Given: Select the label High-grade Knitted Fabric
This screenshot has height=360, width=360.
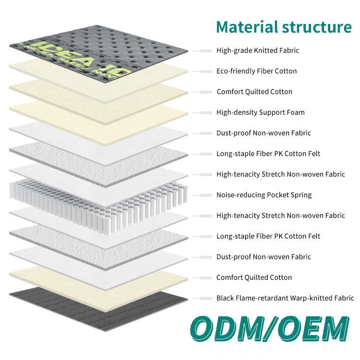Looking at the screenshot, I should (x=258, y=50).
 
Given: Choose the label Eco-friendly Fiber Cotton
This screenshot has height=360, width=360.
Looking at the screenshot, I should (x=256, y=71).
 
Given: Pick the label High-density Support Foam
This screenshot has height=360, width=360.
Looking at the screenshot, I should (x=260, y=112).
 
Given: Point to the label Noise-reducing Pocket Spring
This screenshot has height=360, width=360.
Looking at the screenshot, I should (x=264, y=195).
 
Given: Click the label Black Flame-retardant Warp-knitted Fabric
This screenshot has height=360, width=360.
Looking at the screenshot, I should (x=285, y=298).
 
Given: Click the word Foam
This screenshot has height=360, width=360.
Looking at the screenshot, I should (x=295, y=112).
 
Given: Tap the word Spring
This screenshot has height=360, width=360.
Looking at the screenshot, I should (x=300, y=195).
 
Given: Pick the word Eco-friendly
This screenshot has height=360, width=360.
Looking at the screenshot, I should (x=233, y=71).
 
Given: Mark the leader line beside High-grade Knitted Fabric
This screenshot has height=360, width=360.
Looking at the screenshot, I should (x=203, y=50).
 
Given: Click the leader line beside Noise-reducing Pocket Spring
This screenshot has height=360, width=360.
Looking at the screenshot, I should (x=203, y=195).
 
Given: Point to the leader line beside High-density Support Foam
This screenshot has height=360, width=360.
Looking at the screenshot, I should (x=203, y=112).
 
